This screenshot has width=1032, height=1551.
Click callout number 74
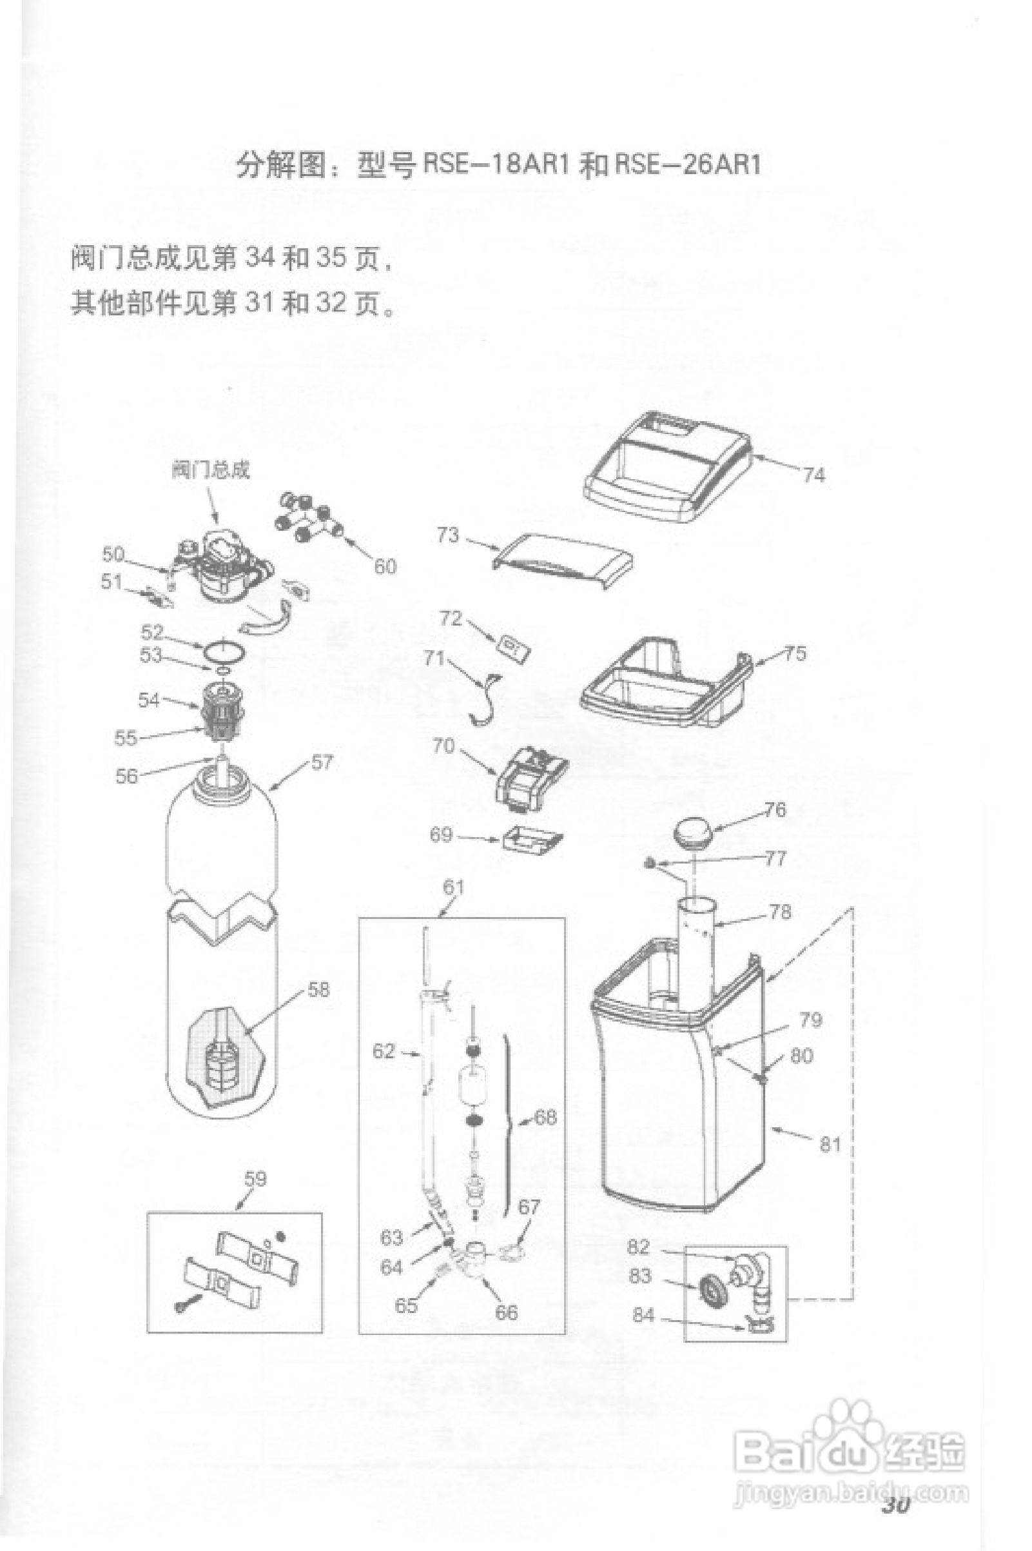point(813,475)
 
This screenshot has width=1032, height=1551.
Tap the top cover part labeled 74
point(668,466)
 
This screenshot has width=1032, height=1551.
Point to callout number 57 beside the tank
point(322,762)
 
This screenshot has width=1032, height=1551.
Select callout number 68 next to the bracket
point(545,1116)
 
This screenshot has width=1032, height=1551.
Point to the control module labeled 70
point(531,778)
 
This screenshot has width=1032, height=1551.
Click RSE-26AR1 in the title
point(688,164)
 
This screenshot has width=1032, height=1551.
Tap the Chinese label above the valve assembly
point(211,470)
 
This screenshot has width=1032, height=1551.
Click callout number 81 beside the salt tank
point(830,1144)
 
